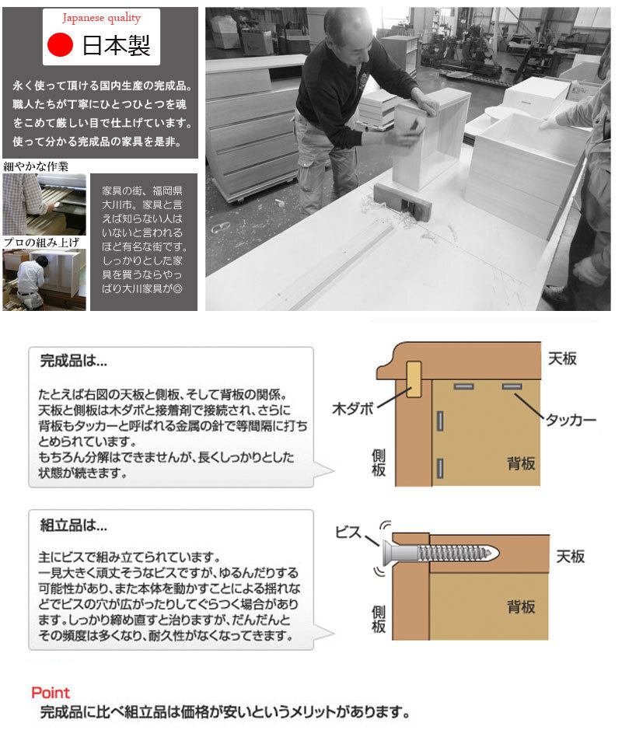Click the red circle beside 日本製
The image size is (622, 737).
click(59, 45)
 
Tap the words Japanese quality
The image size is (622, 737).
click(102, 18)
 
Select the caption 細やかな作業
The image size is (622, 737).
click(36, 166)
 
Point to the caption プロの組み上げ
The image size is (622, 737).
click(40, 243)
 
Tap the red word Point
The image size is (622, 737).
click(51, 692)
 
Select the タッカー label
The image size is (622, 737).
click(570, 420)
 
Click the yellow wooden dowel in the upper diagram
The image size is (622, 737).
click(413, 380)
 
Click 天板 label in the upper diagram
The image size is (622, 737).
click(564, 358)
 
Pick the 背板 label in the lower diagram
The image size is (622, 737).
click(521, 606)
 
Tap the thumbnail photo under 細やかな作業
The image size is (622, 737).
click(44, 204)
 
